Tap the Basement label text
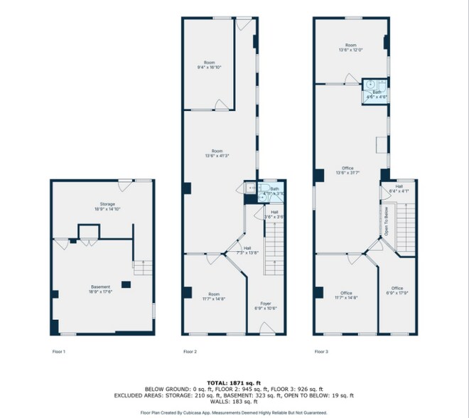click(99, 289)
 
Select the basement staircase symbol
click(143, 268)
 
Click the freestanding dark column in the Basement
click(126, 284)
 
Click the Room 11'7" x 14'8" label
click(214, 296)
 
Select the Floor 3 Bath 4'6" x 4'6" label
click(377, 94)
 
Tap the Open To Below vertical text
click(387, 220)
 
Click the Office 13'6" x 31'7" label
click(347, 171)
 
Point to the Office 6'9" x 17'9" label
click(397, 290)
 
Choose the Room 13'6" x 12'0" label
click(350, 48)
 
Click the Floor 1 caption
click(59, 351)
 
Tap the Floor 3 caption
click(322, 351)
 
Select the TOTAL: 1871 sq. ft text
click(234, 383)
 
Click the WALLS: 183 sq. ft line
click(234, 403)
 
